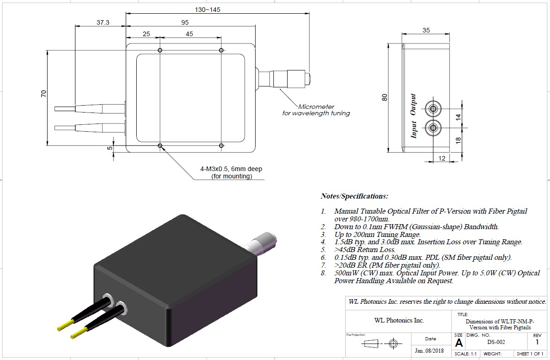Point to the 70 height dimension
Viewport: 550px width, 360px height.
click(x=43, y=93)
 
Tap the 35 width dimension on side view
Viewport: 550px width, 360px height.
click(x=426, y=31)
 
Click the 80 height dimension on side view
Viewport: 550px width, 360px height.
click(x=384, y=97)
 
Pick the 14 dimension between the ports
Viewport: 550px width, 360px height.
click(x=457, y=117)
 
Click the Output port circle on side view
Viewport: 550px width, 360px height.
click(x=432, y=109)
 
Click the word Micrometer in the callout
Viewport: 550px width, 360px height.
click(x=316, y=107)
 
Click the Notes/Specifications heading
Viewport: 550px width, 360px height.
click(x=354, y=196)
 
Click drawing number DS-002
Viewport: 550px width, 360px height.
click(x=496, y=342)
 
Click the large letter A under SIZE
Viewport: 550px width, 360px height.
click(x=459, y=343)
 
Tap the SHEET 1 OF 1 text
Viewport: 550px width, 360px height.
click(x=529, y=354)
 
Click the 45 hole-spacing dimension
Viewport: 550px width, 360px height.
click(x=190, y=34)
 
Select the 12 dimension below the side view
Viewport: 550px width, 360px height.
click(x=442, y=158)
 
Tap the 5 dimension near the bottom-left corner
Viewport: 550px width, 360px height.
click(x=110, y=148)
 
